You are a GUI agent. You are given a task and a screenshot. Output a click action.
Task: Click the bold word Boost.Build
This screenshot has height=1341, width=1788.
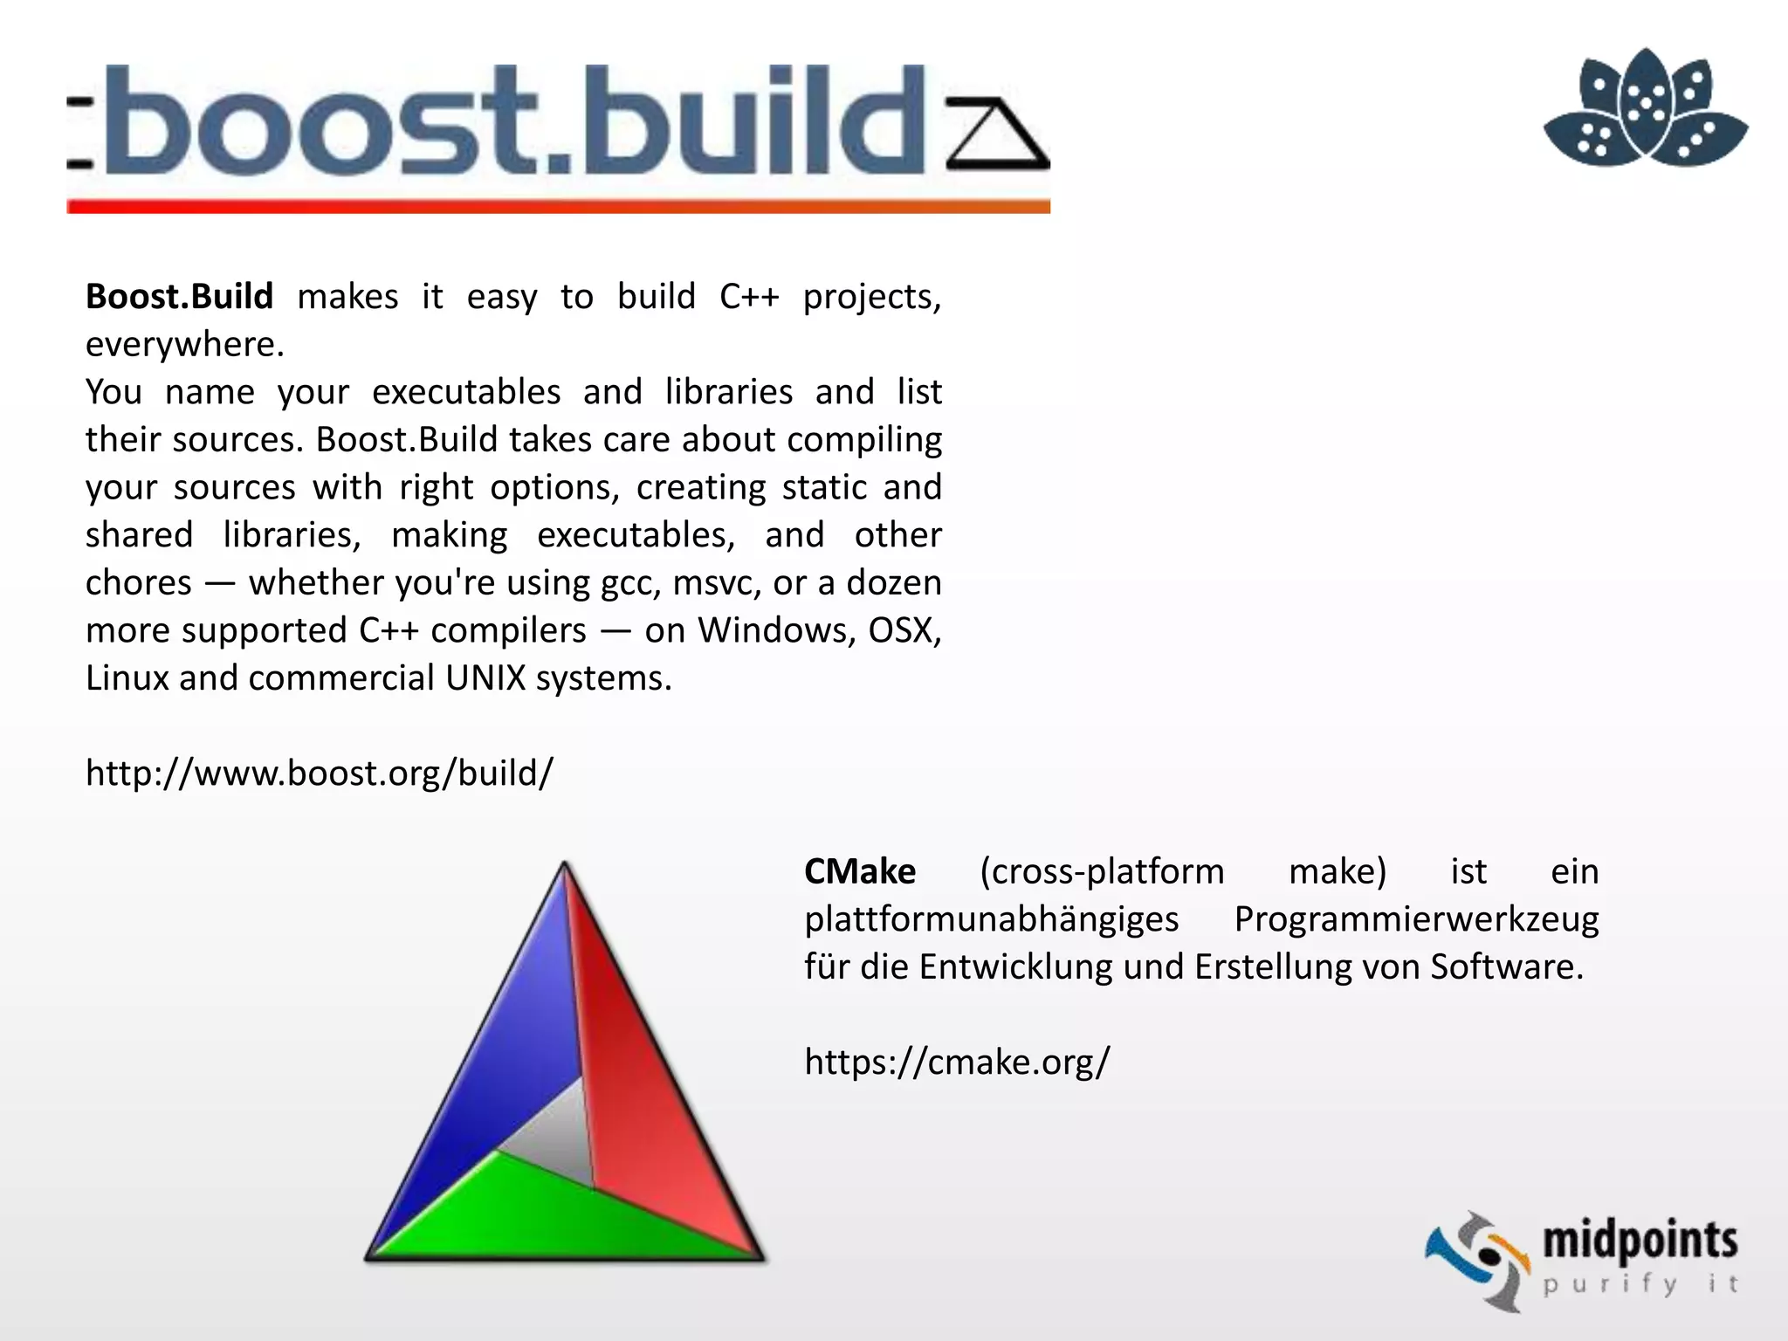pos(179,297)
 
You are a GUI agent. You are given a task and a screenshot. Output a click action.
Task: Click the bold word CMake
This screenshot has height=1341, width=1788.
pos(860,871)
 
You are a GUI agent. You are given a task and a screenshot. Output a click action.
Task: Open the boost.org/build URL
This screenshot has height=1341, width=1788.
pos(320,774)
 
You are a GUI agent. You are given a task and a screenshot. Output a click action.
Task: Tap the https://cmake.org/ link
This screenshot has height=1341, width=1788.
pos(957,1062)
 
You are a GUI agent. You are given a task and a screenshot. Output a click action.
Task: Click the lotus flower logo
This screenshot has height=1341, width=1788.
pos(1645,108)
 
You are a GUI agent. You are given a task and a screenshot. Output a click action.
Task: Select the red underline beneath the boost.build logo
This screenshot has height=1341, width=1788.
pos(559,207)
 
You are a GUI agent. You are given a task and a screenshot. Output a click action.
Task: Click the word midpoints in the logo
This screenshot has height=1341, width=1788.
pos(1640,1241)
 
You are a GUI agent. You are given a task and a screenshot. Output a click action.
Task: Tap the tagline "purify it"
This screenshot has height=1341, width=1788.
pos(1640,1284)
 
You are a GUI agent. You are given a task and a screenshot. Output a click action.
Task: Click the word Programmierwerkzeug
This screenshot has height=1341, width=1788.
pos(1416,919)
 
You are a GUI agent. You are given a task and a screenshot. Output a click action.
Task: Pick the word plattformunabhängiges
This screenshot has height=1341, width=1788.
pos(991,919)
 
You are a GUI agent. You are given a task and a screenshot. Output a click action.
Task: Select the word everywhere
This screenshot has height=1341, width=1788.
pos(184,345)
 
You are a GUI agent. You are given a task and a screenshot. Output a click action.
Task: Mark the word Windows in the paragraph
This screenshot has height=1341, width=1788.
pos(774,630)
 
